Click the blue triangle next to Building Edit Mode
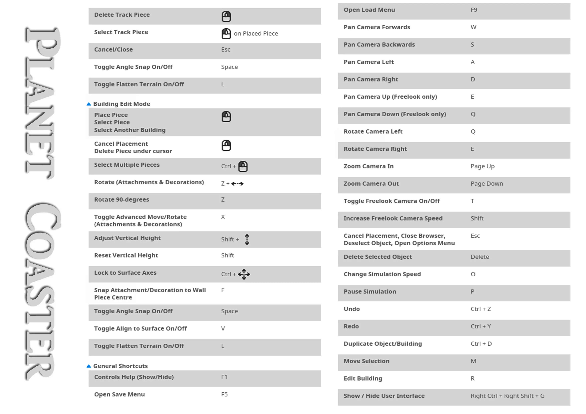pyautogui.click(x=89, y=104)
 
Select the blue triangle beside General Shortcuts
pyautogui.click(x=89, y=366)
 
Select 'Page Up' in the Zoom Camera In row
pyautogui.click(x=482, y=166)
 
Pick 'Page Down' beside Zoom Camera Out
pyautogui.click(x=487, y=184)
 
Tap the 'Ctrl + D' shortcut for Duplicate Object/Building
pyautogui.click(x=481, y=344)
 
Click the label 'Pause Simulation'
pyautogui.click(x=370, y=292)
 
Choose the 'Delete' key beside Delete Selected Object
pyautogui.click(x=480, y=257)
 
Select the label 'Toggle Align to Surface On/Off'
pyautogui.click(x=140, y=329)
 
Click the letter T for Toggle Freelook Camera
pyautogui.click(x=472, y=201)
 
